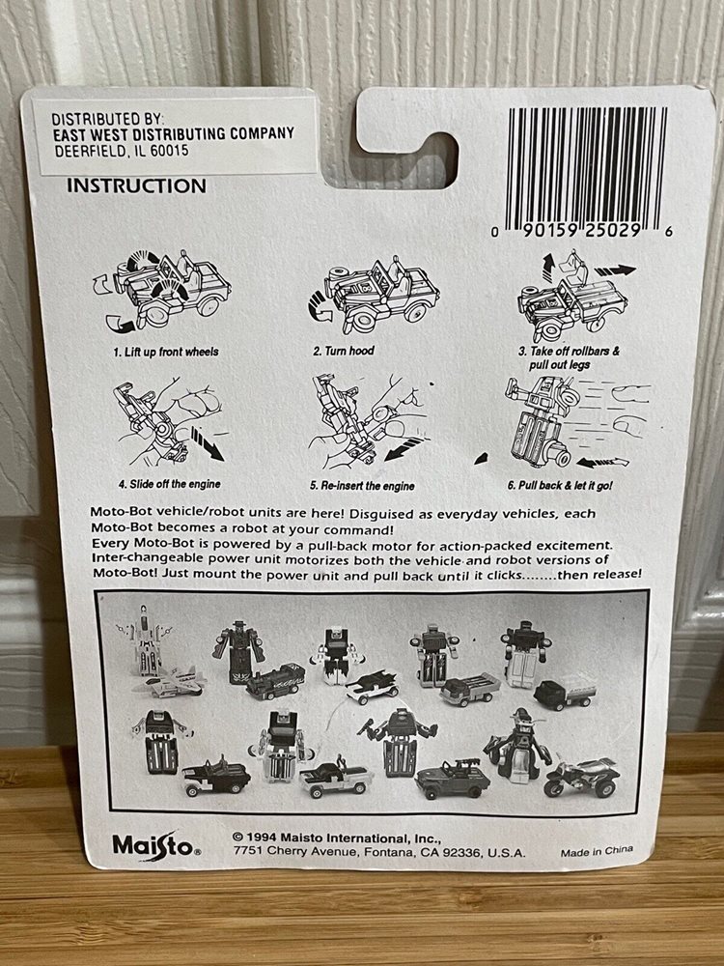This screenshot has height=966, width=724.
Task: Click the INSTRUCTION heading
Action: pos(136,185)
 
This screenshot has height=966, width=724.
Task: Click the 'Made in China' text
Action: pos(597,853)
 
